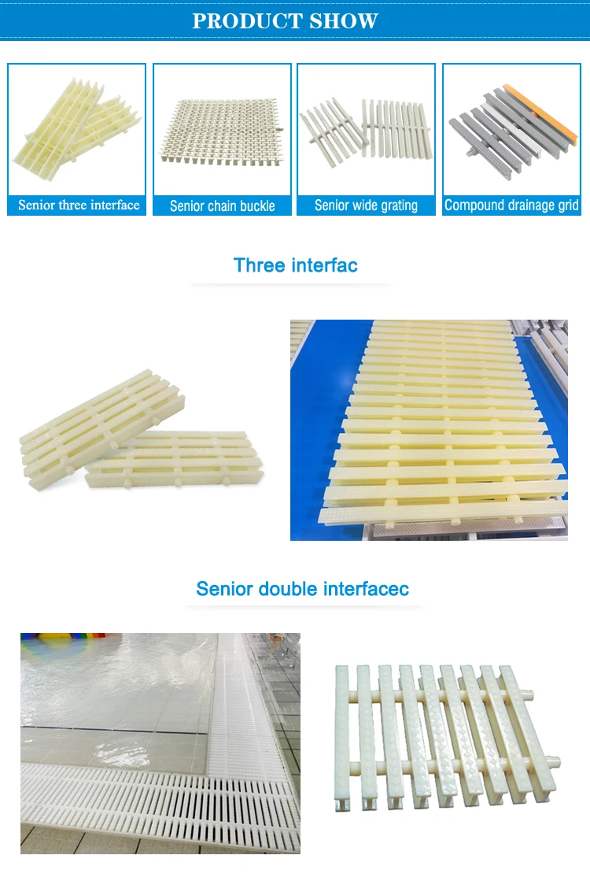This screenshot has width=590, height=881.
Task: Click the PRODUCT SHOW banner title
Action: [x=286, y=20]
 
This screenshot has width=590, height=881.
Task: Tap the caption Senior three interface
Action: [x=78, y=205]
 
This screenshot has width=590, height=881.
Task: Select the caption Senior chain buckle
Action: [x=222, y=206]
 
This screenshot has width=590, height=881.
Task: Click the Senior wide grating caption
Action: [x=366, y=205]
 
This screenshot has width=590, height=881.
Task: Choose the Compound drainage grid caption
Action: [x=511, y=205]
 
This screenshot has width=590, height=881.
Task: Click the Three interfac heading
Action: [x=295, y=265]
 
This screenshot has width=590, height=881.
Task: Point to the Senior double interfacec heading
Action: [x=302, y=589]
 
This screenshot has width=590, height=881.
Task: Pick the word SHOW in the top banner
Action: [x=343, y=20]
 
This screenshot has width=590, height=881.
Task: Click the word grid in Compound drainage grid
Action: [x=566, y=205]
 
